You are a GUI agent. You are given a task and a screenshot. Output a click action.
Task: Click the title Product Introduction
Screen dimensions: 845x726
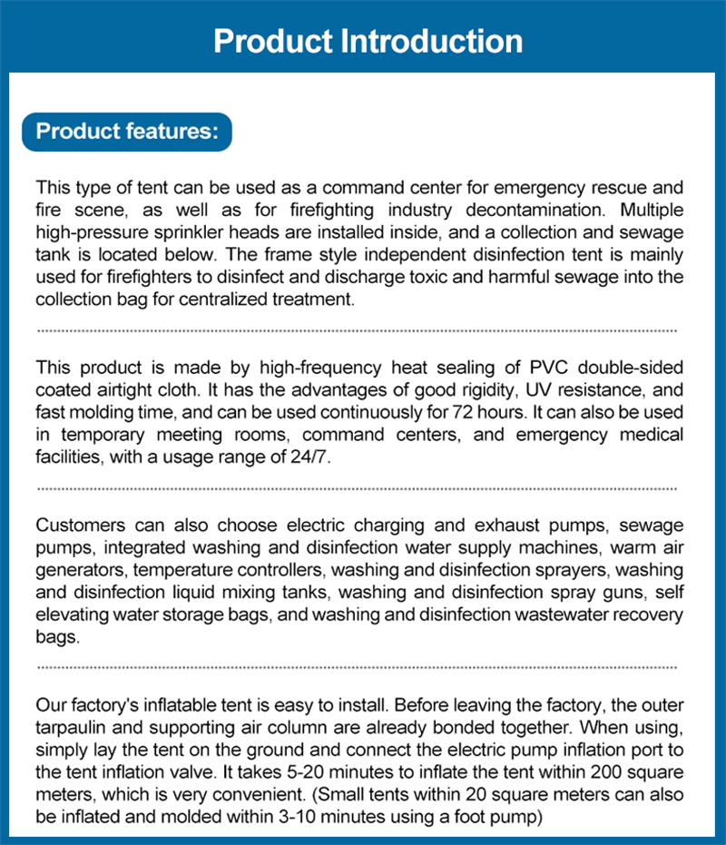coord(368,42)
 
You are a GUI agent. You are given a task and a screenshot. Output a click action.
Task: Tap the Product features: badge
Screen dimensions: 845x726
coord(126,131)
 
